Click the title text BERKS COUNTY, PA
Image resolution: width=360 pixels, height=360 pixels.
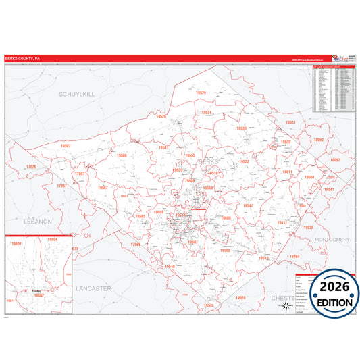[22, 59]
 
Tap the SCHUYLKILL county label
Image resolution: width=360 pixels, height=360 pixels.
[76, 94]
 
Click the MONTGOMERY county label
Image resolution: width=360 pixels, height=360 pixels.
[331, 240]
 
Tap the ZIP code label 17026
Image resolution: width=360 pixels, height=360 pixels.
[30, 166]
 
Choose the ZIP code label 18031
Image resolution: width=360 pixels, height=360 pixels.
[290, 122]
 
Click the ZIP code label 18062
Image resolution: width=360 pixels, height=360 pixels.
[318, 140]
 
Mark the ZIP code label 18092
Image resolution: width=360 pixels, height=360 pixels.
[334, 160]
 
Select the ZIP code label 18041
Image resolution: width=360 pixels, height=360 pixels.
[329, 190]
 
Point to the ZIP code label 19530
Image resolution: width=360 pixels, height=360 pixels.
[241, 128]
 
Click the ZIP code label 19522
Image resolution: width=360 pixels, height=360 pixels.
[245, 162]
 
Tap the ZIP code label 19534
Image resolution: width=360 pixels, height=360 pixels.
[207, 113]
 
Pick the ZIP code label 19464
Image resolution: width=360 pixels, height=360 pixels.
[294, 257]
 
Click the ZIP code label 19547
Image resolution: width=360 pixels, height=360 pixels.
[248, 205]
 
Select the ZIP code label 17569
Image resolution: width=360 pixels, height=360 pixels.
[136, 244]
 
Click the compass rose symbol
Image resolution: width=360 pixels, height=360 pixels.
[284, 305]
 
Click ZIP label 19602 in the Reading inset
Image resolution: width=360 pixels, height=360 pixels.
[39, 295]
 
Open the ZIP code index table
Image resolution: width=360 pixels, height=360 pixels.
[334, 88]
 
